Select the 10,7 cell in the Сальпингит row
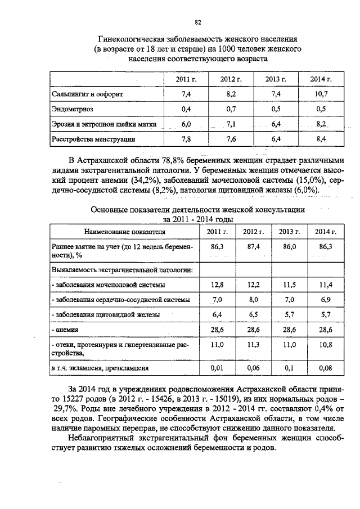pyautogui.click(x=322, y=93)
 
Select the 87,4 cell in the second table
pyautogui.click(x=251, y=246)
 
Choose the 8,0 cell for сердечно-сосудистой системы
pyautogui.click(x=253, y=299)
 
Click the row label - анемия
pyautogui.click(x=65, y=329)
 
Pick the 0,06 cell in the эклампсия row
pyautogui.click(x=253, y=368)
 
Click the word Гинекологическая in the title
pyautogui.click(x=132, y=40)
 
